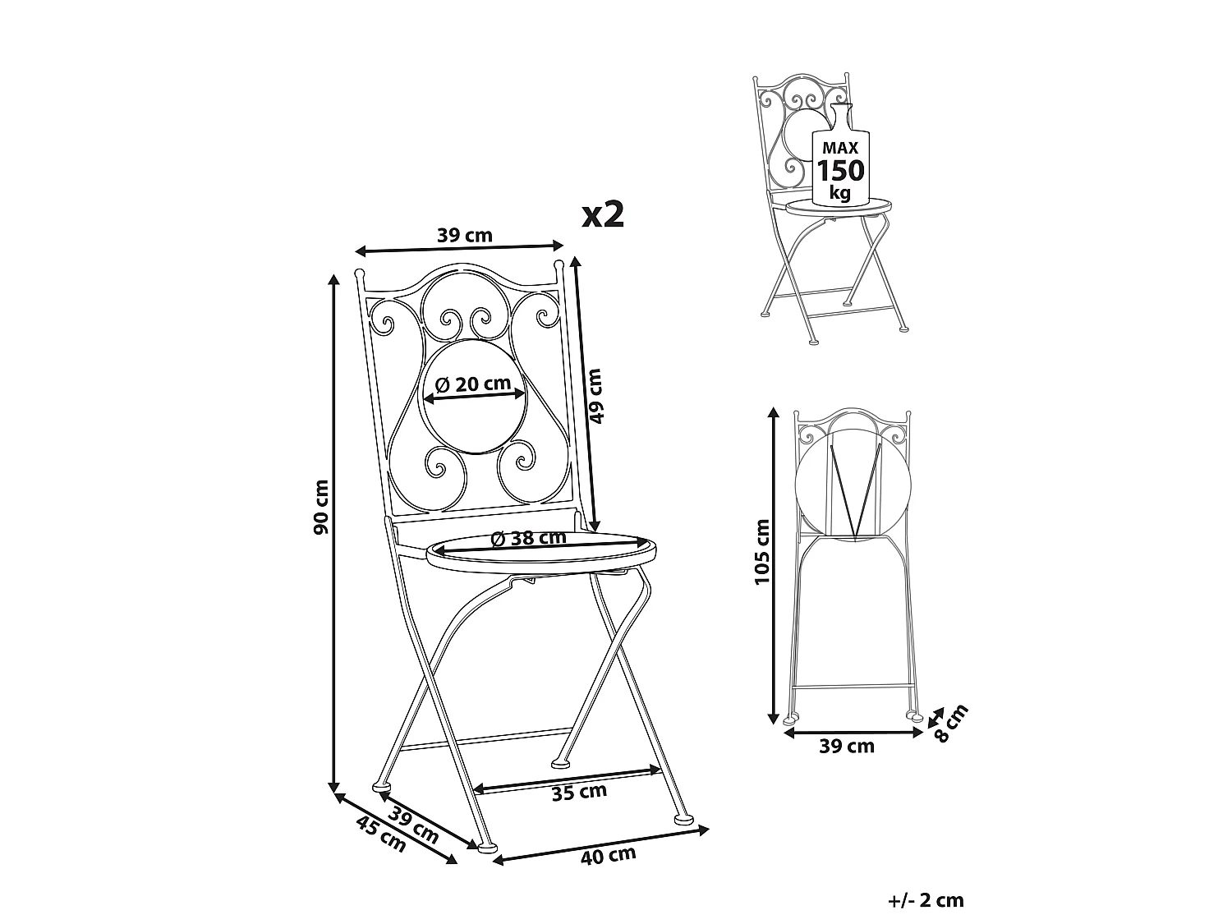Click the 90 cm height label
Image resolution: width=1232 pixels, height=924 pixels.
tap(321, 507)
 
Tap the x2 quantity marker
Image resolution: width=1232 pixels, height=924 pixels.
tap(603, 215)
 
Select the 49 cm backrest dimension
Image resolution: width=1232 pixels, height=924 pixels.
tap(595, 396)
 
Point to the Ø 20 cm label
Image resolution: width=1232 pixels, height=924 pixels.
tap(473, 384)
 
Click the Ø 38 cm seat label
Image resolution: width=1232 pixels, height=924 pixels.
tap(528, 538)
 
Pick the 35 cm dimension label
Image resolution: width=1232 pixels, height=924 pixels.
tap(579, 793)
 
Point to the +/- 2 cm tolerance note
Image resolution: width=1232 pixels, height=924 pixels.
tap(926, 901)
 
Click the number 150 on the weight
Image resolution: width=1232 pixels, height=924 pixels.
tap(840, 171)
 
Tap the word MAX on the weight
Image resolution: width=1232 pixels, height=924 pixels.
tap(840, 148)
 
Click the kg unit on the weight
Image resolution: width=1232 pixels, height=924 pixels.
tap(840, 193)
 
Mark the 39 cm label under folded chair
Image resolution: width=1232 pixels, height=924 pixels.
tap(847, 746)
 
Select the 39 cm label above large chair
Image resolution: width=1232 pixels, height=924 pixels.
tap(465, 236)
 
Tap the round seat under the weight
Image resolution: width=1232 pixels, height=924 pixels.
tap(839, 206)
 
